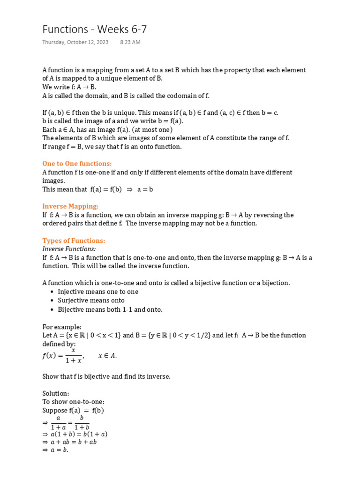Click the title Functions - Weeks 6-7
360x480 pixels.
coord(95,29)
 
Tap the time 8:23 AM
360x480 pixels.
coord(130,42)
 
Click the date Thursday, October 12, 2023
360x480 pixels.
coord(75,42)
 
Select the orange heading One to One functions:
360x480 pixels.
coord(77,164)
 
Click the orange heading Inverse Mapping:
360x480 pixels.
coord(70,206)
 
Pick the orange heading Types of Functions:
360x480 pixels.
coord(74,240)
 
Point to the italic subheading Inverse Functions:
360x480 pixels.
coord(69,249)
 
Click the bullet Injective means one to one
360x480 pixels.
coord(98,292)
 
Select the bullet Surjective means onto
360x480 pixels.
coord(91,300)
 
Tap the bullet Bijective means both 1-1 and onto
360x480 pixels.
coord(110,309)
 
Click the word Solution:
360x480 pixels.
coord(56,393)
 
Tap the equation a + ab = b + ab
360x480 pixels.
coord(69,442)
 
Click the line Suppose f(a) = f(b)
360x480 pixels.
coord(73,410)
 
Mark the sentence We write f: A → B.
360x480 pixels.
coord(69,87)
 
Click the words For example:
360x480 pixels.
coord(62,327)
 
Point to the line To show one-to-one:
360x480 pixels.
coord(74,402)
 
